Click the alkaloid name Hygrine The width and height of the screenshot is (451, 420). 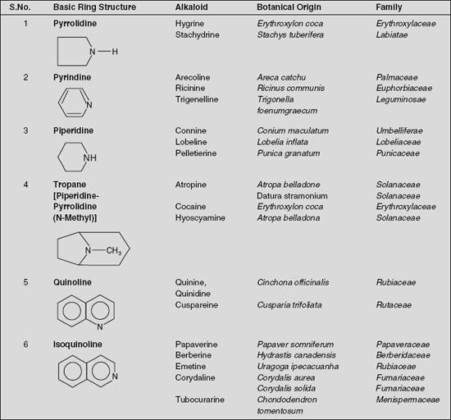click(x=189, y=24)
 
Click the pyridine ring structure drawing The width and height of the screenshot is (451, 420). click(x=73, y=102)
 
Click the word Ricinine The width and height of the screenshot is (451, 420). click(x=191, y=89)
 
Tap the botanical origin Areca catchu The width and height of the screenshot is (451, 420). click(x=281, y=77)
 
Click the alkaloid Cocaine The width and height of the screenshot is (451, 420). click(x=191, y=207)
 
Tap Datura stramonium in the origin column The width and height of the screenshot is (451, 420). click(x=292, y=196)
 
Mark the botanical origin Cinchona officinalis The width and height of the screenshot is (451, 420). click(x=293, y=282)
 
